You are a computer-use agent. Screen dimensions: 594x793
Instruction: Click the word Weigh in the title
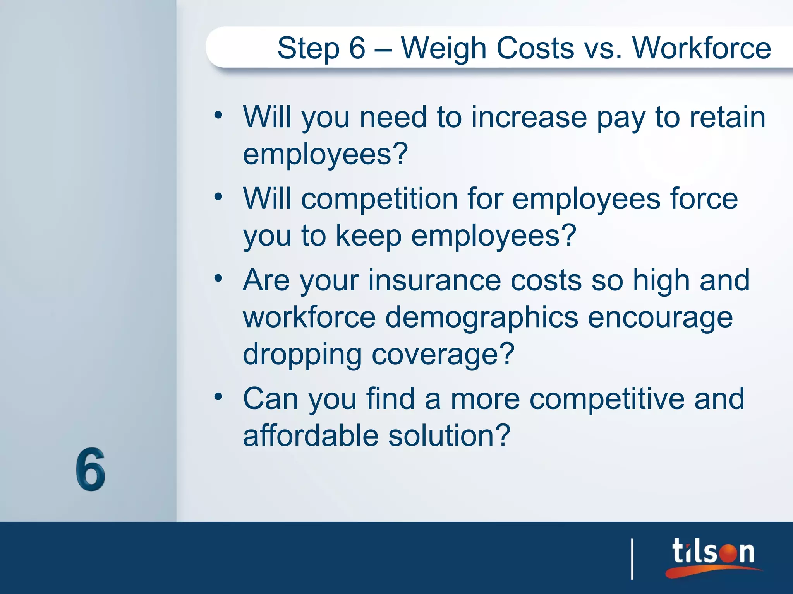pyautogui.click(x=444, y=49)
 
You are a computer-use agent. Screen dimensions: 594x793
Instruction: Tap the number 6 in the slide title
pyautogui.click(x=357, y=48)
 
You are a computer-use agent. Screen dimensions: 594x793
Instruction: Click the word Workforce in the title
pyautogui.click(x=702, y=48)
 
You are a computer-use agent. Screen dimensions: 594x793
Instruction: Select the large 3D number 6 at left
pyautogui.click(x=90, y=469)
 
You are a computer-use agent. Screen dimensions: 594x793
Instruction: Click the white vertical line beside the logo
pyautogui.click(x=632, y=559)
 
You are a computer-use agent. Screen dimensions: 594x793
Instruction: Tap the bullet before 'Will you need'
pyautogui.click(x=218, y=115)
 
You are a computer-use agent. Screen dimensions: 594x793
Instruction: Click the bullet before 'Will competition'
pyautogui.click(x=218, y=197)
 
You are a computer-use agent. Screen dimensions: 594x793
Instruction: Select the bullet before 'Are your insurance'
pyautogui.click(x=218, y=278)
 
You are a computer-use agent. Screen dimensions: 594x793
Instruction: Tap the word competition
pyautogui.click(x=379, y=199)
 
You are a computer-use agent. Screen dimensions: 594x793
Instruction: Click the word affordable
pyautogui.click(x=311, y=436)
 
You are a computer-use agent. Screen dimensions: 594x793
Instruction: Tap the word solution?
pyautogui.click(x=449, y=436)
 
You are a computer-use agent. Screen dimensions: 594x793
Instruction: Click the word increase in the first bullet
pyautogui.click(x=529, y=117)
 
